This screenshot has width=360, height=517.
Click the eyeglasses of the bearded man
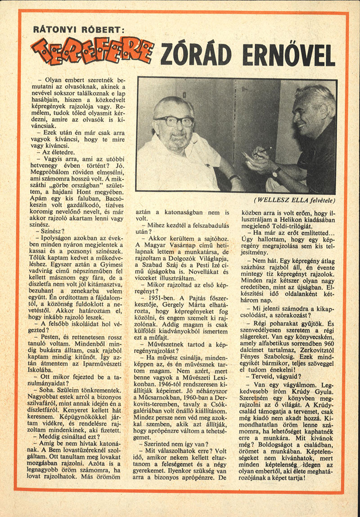tap(174, 121)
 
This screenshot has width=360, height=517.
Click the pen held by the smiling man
tap(266, 150)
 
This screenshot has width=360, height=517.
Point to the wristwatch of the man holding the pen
tap(277, 172)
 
